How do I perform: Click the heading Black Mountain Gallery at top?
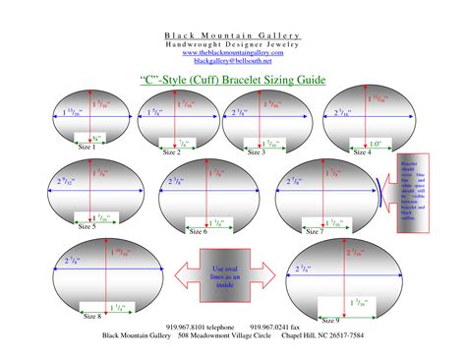232,35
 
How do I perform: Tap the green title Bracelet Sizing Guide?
233,79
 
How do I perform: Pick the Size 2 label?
171,152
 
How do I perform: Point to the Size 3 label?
257,152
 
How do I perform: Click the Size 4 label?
362,152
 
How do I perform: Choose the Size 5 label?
87,226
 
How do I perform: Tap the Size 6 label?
197,232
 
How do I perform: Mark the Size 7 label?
314,231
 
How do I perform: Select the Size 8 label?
92,316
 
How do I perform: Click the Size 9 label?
330,321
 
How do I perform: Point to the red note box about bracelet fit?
412,193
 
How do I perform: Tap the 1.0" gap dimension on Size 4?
377,142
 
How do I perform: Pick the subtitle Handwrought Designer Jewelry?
232,44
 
